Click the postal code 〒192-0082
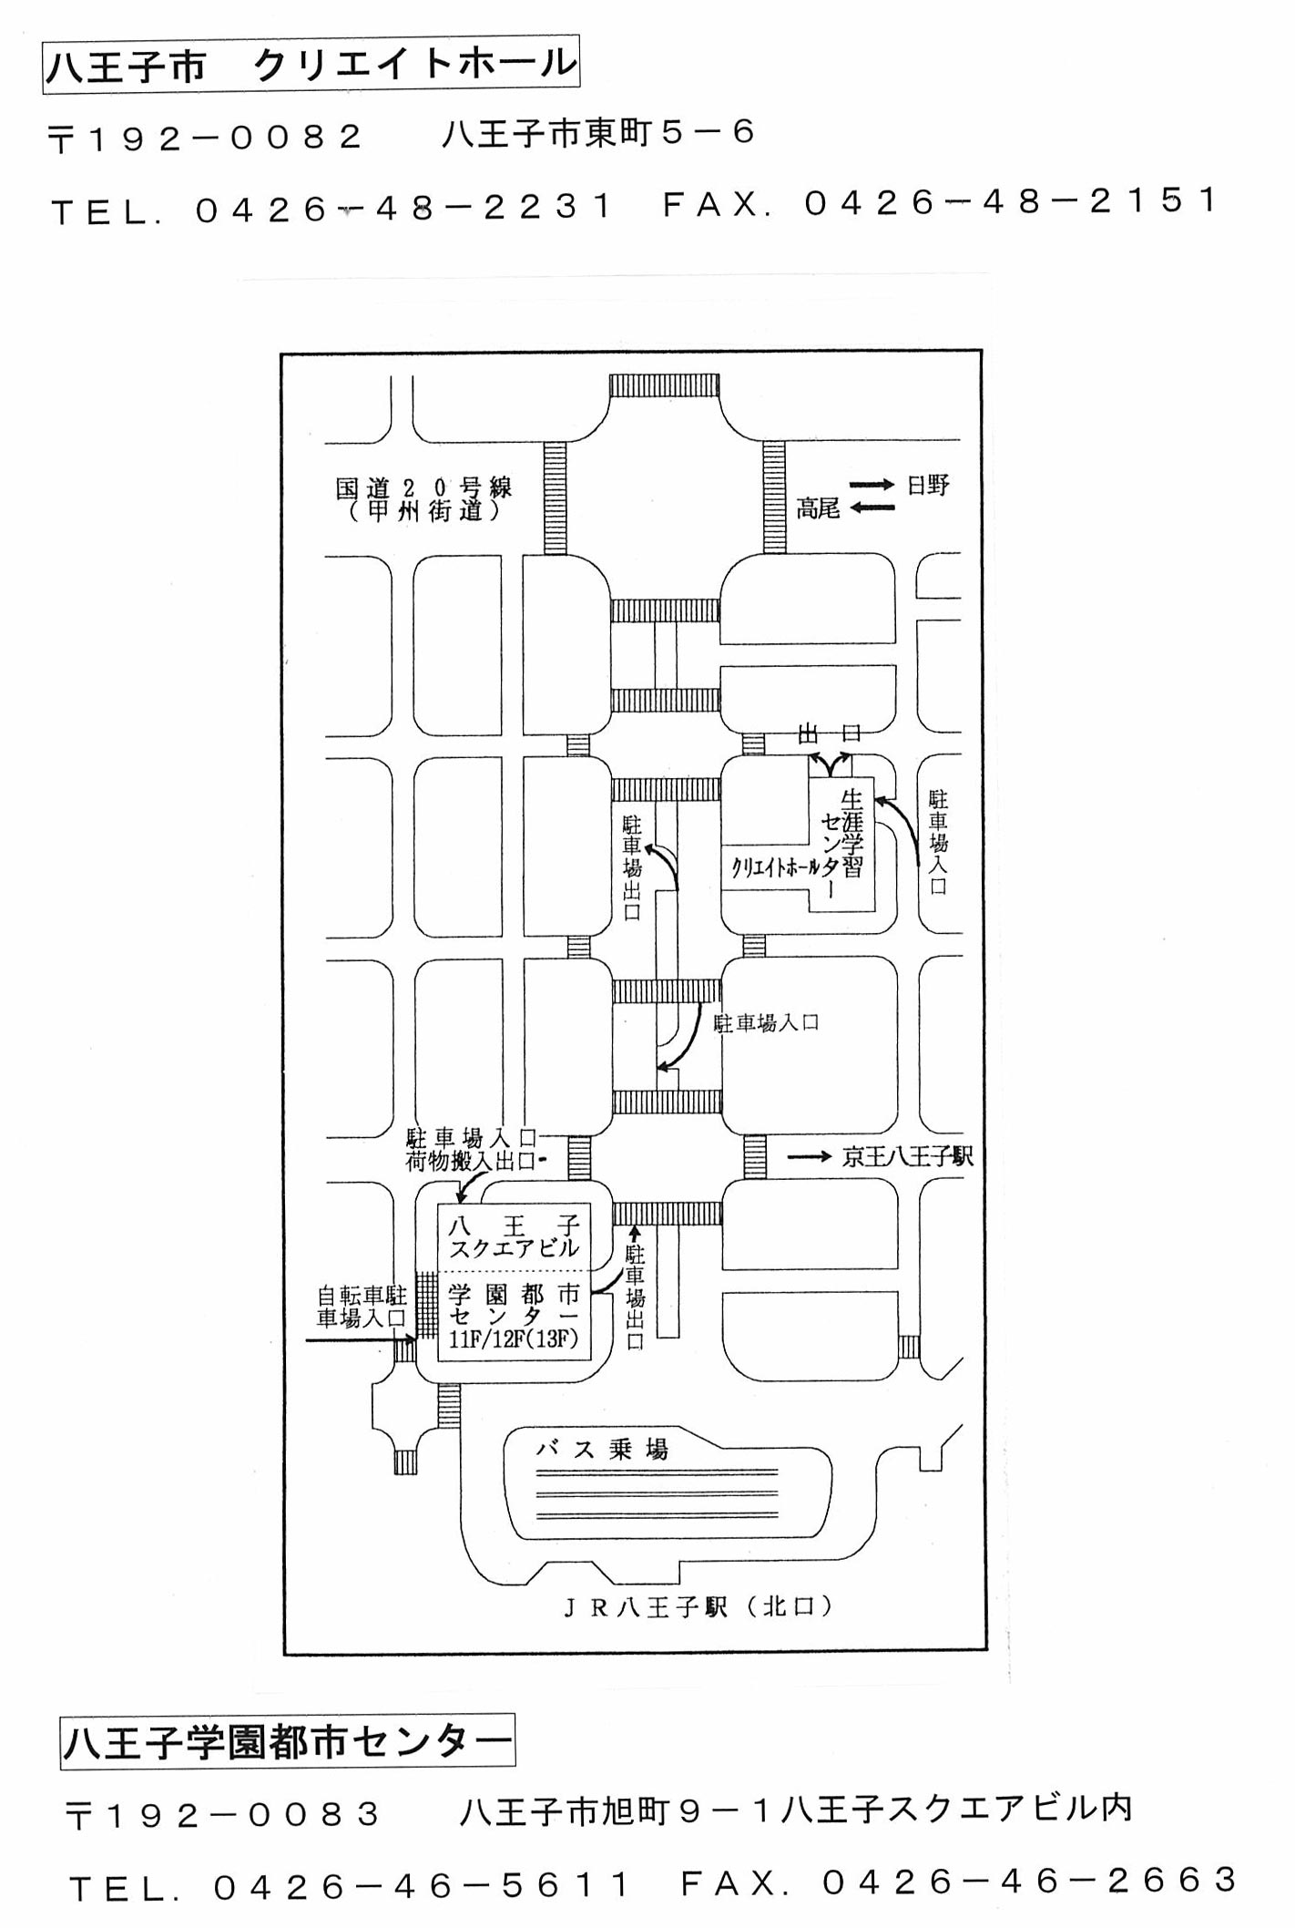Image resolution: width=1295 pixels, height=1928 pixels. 206,138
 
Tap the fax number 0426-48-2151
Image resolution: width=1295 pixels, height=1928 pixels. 1011,202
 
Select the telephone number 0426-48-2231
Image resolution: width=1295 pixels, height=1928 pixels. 405,209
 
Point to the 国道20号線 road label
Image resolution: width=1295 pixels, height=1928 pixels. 423,488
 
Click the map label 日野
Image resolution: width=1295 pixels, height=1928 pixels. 928,485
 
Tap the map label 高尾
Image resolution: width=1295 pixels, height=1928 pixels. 818,508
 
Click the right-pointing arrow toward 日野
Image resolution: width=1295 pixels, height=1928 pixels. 872,485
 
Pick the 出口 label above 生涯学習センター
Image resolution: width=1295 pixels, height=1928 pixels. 830,733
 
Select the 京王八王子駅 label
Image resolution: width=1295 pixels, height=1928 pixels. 907,1156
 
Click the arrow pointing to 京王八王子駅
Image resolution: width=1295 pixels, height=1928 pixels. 809,1157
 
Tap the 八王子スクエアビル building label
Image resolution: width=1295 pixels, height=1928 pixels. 514,1236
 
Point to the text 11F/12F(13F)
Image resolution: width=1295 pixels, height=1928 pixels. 514,1340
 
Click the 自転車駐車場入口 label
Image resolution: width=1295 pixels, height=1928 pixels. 362,1306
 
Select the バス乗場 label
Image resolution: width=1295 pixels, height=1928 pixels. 602,1448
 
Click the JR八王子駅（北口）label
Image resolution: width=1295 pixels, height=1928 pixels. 698,1607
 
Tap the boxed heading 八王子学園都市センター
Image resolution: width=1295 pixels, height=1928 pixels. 288,1742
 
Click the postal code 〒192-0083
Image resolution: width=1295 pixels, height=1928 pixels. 223,1815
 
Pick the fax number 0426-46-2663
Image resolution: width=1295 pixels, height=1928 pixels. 1029,1880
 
